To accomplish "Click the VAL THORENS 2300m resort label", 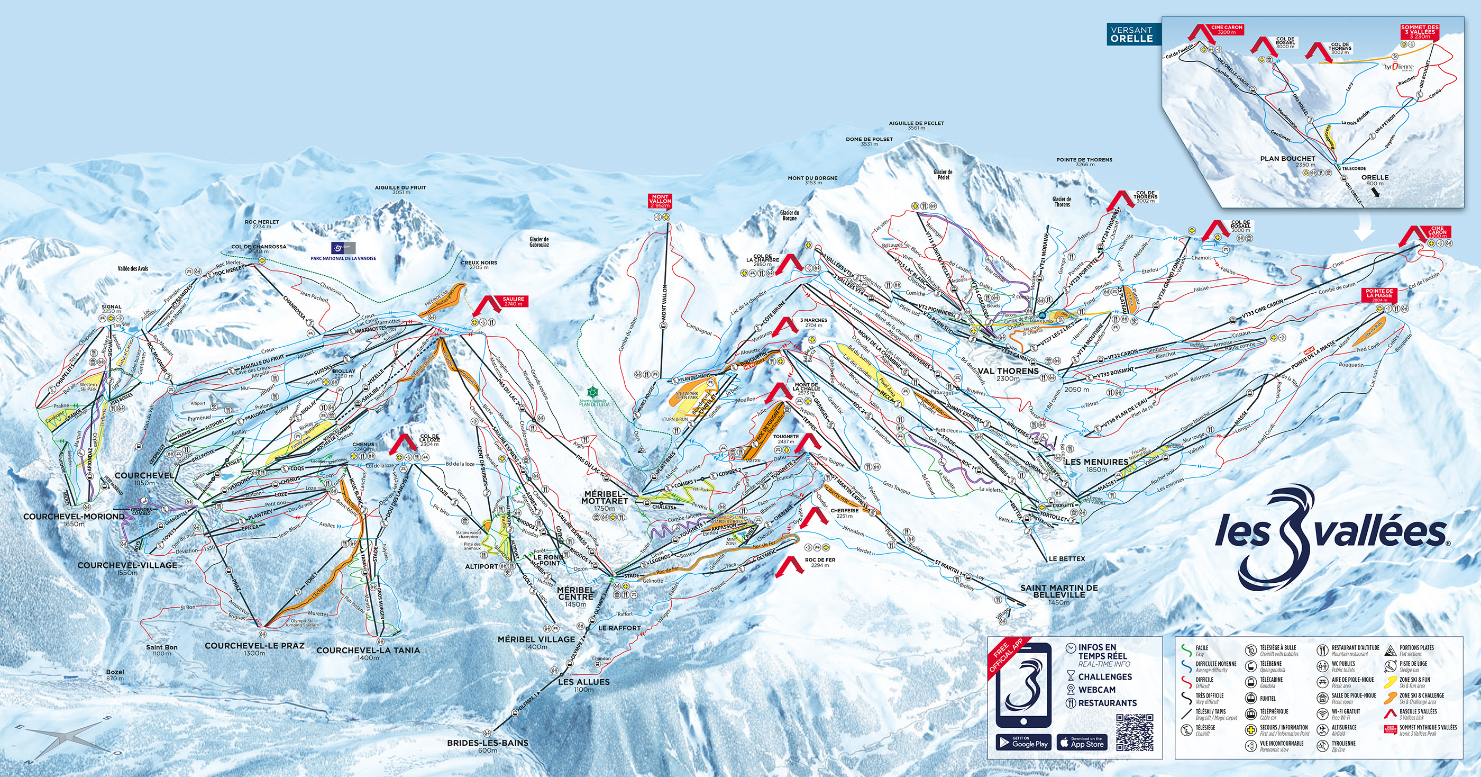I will (1008, 374).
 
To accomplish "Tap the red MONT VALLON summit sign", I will (660, 200).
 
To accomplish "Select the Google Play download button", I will (1022, 742).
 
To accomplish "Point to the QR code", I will (1135, 733).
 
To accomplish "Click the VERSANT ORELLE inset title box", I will (1131, 34).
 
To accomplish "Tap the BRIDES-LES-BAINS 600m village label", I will (488, 746).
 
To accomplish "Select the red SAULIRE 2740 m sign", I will (514, 301).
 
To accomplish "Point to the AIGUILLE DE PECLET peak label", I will (917, 125).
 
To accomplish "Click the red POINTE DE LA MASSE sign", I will (1379, 294).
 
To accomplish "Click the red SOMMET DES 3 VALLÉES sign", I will (1420, 32).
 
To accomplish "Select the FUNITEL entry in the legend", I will (1267, 699).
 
